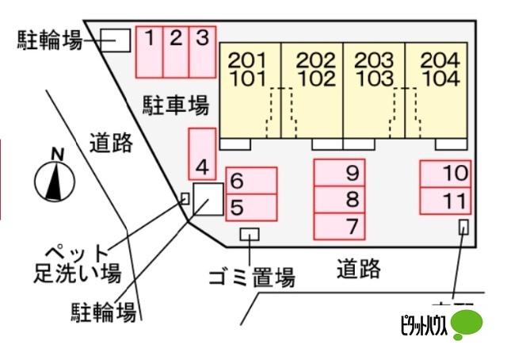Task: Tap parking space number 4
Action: point(202,153)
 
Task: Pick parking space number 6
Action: point(251,181)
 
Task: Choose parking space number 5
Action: point(251,208)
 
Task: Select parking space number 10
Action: point(444,173)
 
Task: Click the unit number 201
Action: point(253,60)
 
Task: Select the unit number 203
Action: point(374,60)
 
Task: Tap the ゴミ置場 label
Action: point(251,278)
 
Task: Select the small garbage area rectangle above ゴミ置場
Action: point(250,234)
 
